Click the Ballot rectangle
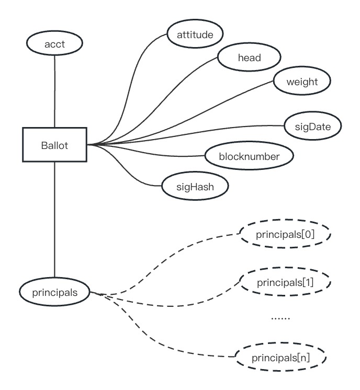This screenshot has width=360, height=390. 54,144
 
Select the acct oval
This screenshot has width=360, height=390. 54,44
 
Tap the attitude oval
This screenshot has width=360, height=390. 194,35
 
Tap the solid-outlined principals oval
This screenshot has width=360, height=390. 54,292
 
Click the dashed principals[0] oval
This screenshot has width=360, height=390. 285,235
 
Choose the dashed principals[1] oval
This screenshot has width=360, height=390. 285,283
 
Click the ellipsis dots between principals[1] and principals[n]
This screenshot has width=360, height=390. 281,317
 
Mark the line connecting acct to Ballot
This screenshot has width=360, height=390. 54,89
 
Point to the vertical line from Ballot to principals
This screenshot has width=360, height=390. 54,220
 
